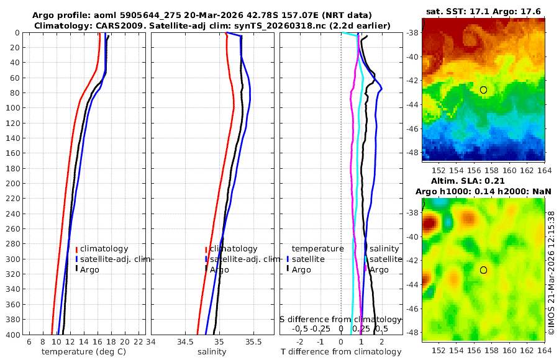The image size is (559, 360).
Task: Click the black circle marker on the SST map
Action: coord(483,90)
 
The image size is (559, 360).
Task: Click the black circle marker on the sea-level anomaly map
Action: coord(483,270)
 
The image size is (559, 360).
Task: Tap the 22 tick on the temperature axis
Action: coord(139,341)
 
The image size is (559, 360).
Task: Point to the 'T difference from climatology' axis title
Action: coord(341,352)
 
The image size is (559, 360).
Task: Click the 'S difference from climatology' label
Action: coord(341,319)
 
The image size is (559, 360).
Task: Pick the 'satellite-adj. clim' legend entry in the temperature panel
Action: coord(112,259)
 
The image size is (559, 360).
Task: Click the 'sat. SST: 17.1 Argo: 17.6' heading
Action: coord(483,11)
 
